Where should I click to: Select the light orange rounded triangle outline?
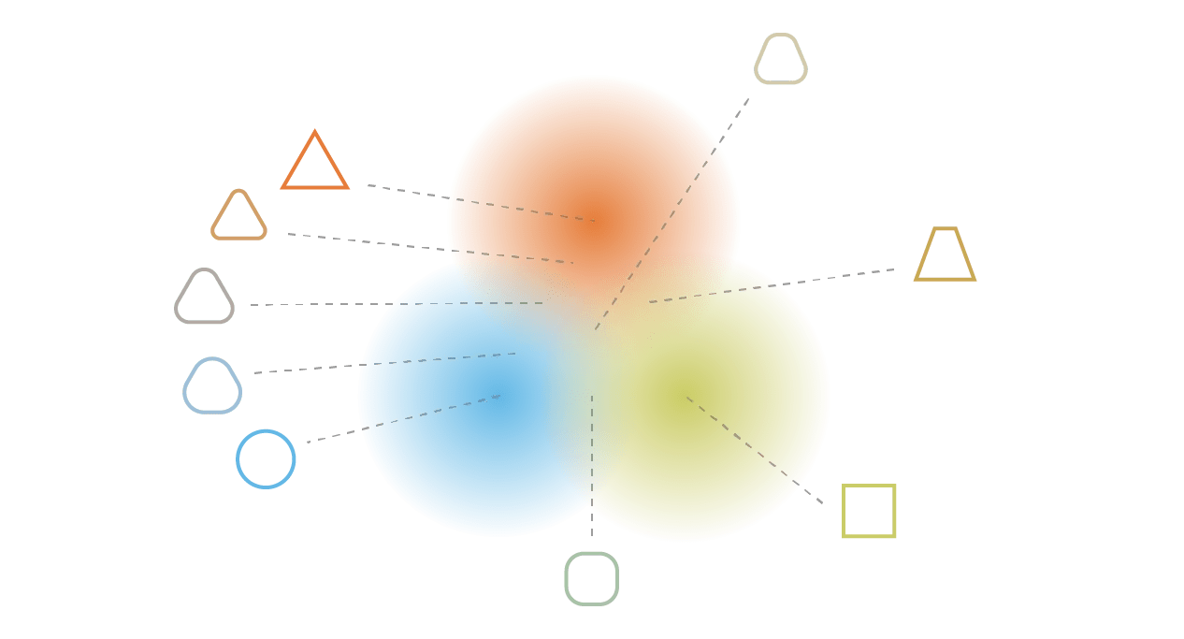pos(238,216)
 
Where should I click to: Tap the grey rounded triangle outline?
pos(204,298)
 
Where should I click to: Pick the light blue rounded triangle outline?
pos(212,385)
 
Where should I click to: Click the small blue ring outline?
pos(266,458)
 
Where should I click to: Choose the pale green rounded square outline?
pos(591,578)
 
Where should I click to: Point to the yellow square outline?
pos(869,511)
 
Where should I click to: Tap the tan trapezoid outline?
pos(945,254)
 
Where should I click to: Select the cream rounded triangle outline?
pos(781,59)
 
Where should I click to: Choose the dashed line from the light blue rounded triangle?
pos(383,363)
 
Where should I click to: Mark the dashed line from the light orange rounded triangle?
pos(430,248)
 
